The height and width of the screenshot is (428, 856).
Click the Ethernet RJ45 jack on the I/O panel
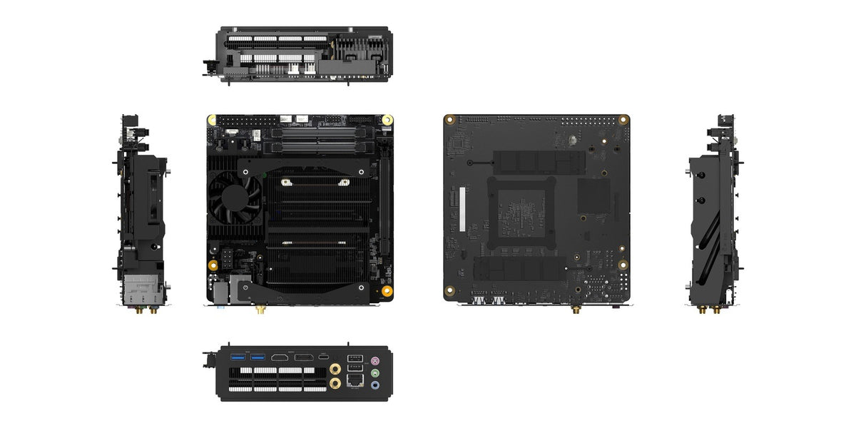coord(354,382)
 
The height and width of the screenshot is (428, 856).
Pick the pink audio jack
coord(375,360)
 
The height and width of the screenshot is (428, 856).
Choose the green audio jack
coord(375,372)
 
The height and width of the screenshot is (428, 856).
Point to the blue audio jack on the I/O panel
coord(375,385)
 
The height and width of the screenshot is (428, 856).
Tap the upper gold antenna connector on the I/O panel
coord(335,369)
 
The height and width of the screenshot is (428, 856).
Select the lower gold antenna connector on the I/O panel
coord(335,384)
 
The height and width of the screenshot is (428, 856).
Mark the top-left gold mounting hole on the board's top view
coord(211,120)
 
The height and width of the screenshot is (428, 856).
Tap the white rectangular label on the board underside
coord(462,210)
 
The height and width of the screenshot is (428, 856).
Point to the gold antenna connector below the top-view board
coord(260,310)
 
